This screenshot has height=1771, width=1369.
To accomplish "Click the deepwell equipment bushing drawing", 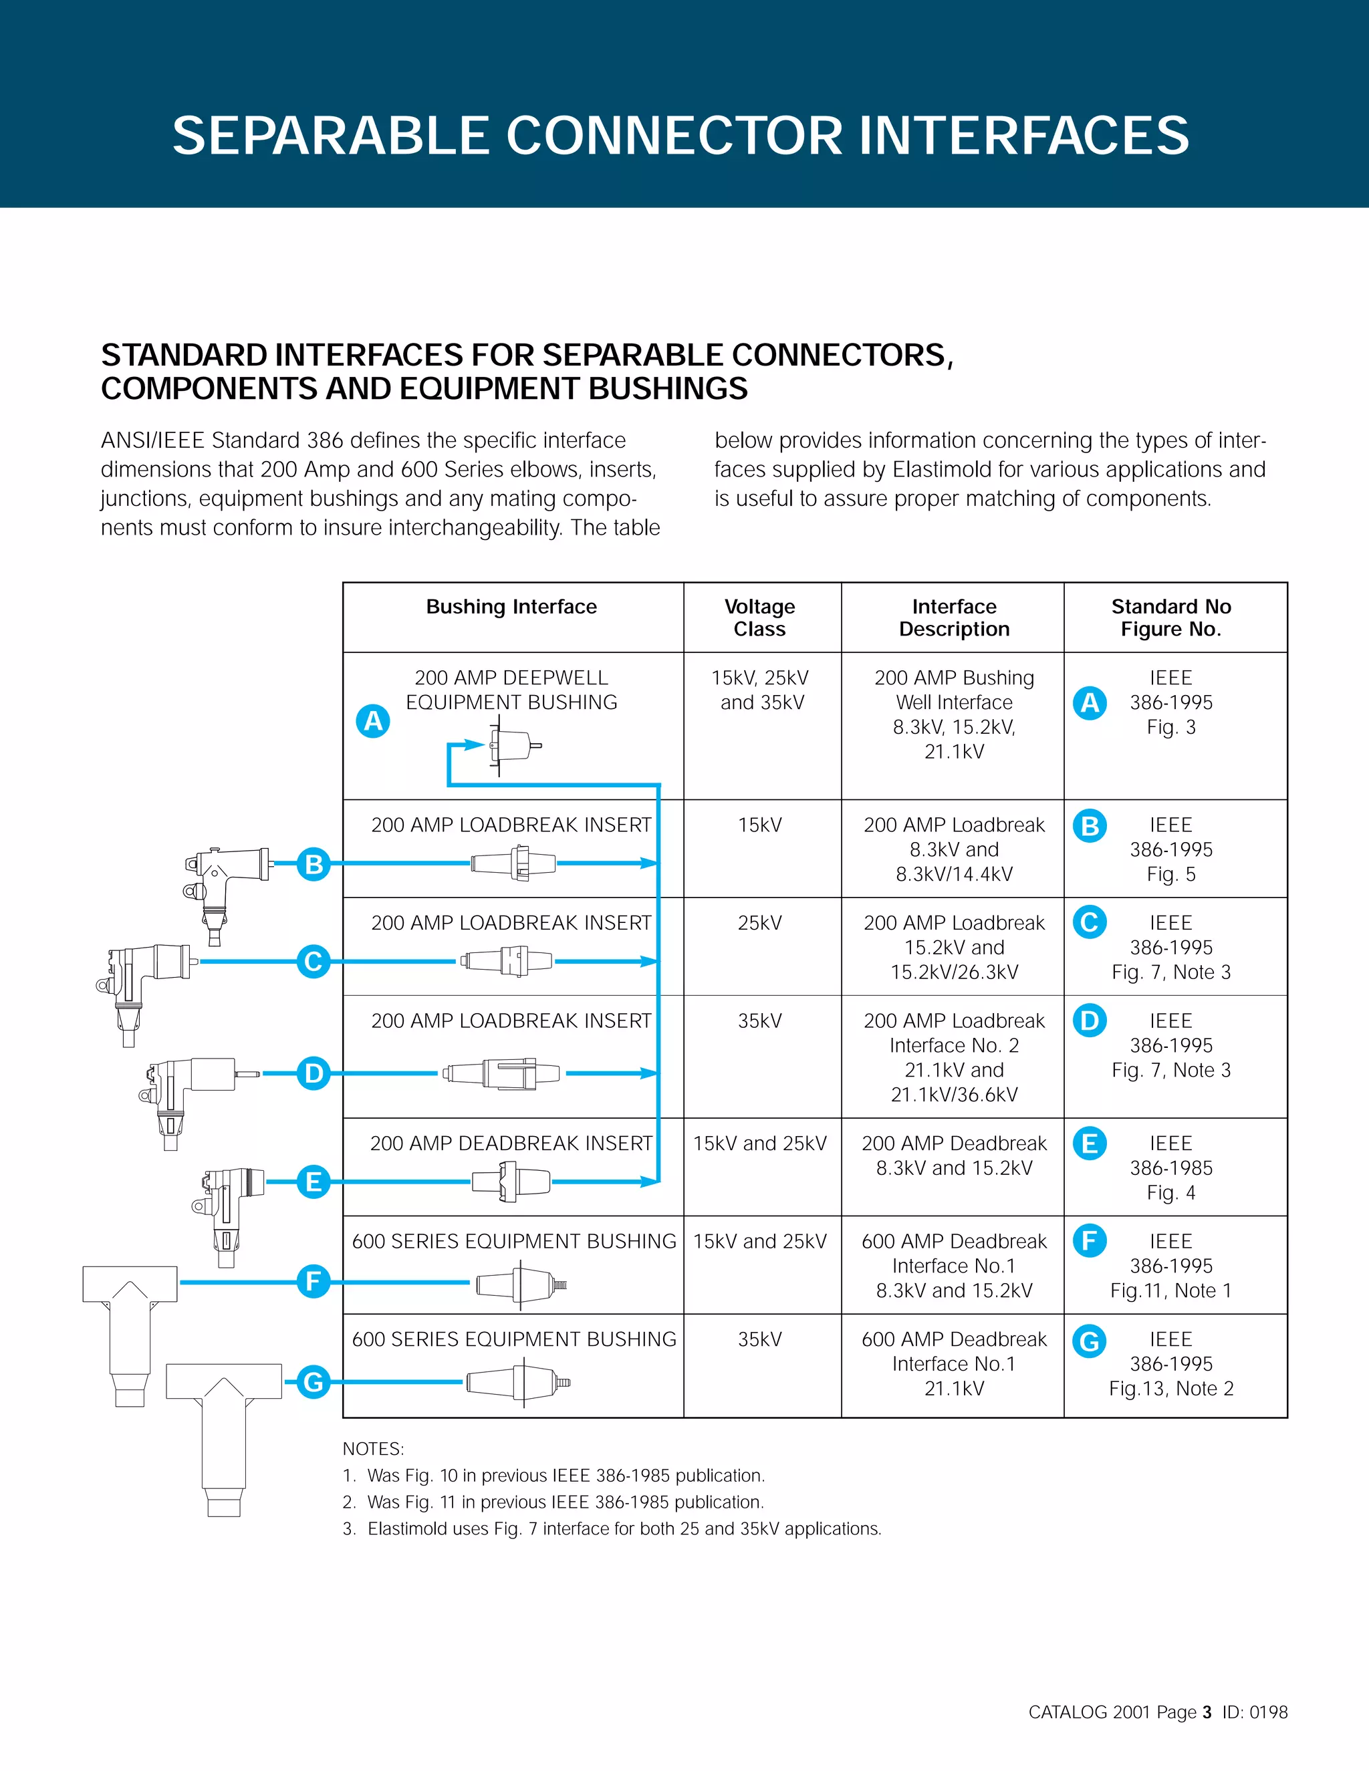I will [x=513, y=744].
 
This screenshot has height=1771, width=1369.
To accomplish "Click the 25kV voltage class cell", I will [x=759, y=923].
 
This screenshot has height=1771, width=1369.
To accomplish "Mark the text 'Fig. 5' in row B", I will [x=1170, y=874].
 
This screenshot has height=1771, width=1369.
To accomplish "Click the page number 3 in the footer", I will [x=1207, y=1712].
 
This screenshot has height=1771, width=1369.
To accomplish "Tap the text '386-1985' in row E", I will [x=1170, y=1168].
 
